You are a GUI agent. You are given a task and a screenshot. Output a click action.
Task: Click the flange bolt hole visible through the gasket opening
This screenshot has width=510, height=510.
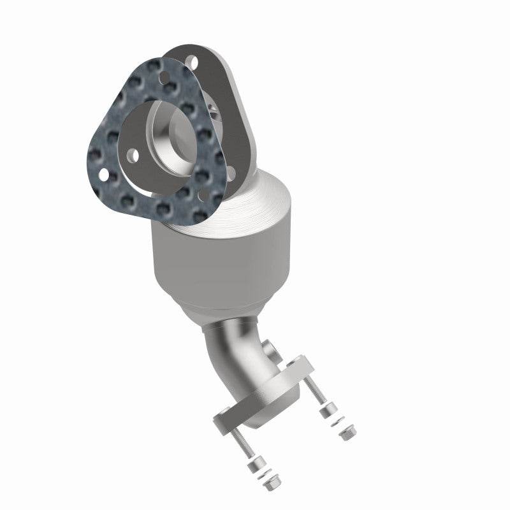[x=133, y=154]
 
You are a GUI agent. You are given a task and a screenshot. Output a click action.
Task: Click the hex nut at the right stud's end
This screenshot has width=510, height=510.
[x=346, y=433]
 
